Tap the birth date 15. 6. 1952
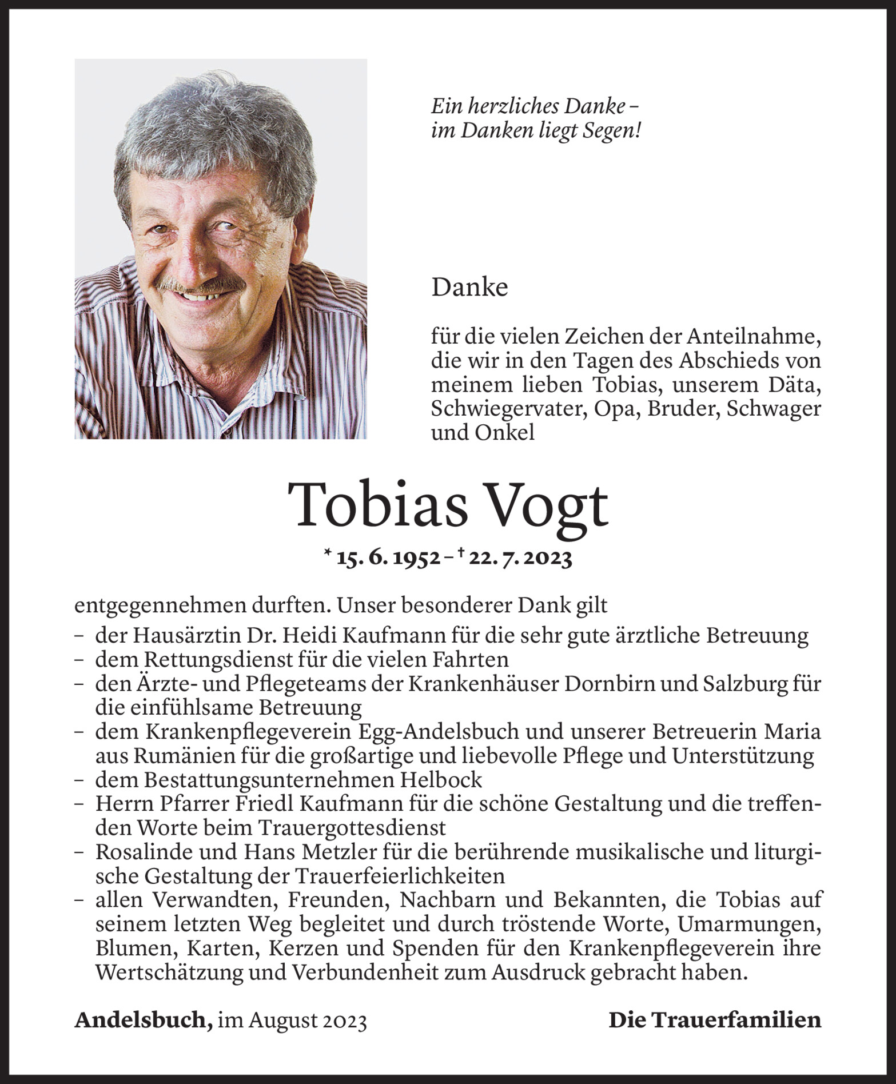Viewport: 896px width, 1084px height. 388,558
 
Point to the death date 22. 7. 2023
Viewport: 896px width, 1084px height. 520,558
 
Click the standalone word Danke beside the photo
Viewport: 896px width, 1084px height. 469,288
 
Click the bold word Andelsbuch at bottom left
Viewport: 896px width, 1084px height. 140,1020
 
